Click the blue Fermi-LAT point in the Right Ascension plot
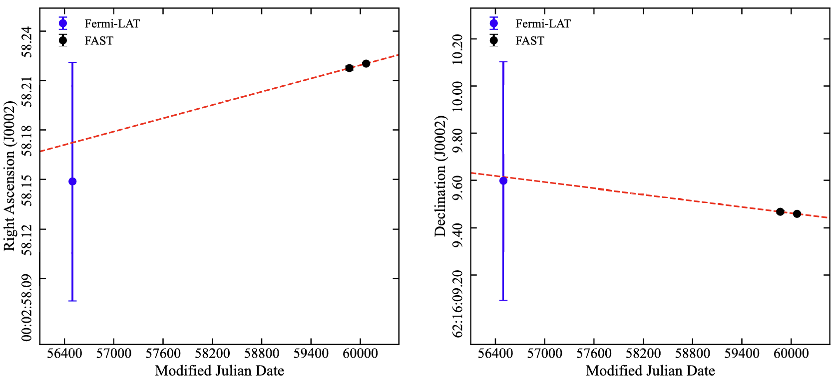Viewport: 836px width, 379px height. click(x=72, y=181)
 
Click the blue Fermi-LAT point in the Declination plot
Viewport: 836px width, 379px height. click(x=503, y=181)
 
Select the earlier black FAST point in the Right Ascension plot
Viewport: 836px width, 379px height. click(x=349, y=68)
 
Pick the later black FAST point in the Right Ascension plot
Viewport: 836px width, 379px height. click(x=366, y=63)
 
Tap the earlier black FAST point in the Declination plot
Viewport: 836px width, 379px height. click(x=780, y=212)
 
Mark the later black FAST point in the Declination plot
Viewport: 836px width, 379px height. click(x=797, y=214)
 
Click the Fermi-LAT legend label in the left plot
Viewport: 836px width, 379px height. click(x=112, y=23)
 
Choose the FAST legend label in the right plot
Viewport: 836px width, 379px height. click(x=529, y=41)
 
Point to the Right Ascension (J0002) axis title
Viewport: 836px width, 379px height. click(x=10, y=176)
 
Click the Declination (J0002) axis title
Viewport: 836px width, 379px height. click(x=440, y=176)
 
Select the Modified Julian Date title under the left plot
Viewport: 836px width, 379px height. click(x=219, y=371)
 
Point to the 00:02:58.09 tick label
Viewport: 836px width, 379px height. click(x=27, y=309)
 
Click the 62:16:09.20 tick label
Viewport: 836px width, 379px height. click(x=457, y=304)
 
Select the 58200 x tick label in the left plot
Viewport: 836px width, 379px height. click(x=212, y=354)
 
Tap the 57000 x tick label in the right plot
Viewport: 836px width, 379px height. click(x=544, y=354)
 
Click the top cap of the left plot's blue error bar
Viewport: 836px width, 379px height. click(x=72, y=62)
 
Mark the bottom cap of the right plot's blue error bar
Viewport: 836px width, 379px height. click(x=503, y=300)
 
